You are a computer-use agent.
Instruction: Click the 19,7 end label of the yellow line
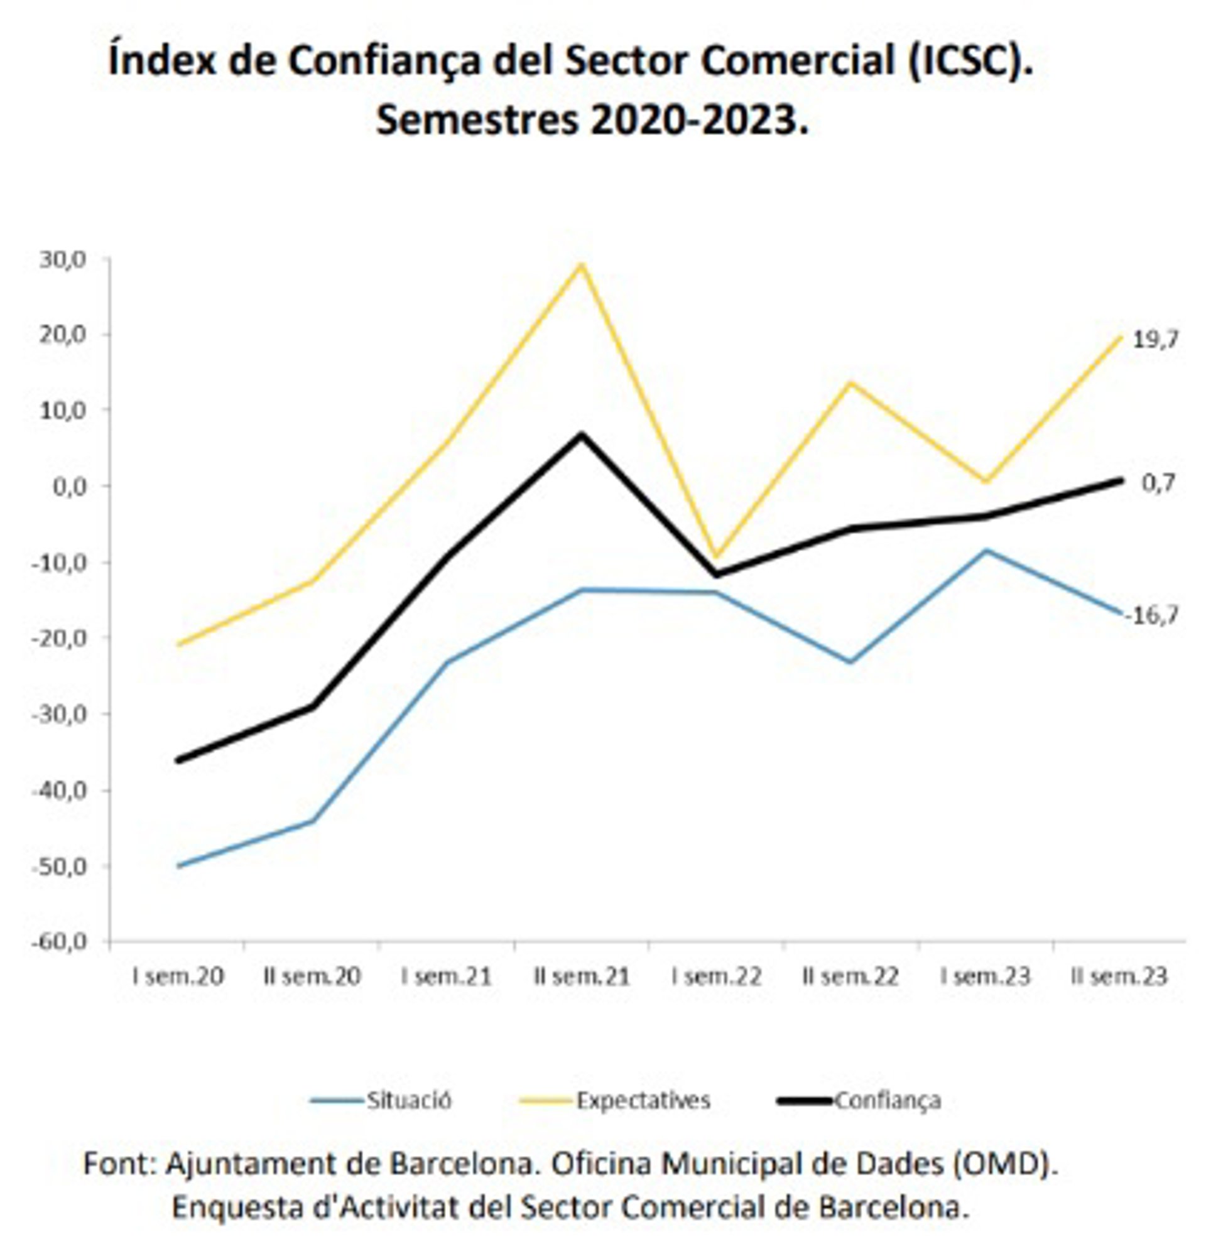coord(1154,340)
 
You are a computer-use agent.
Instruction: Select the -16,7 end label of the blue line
coord(1151,615)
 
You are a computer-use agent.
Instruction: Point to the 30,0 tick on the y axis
coord(62,260)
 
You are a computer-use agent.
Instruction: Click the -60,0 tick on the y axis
coord(59,942)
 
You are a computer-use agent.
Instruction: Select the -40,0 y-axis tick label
coord(59,790)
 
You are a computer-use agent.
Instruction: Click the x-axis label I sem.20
coord(178,977)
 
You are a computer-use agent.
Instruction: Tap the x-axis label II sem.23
coord(1119,977)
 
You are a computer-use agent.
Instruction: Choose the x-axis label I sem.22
coord(716,977)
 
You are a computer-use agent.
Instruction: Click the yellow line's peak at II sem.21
coord(581,265)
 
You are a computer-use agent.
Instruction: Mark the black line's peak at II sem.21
coord(581,435)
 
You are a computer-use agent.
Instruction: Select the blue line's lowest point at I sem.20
coord(179,867)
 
